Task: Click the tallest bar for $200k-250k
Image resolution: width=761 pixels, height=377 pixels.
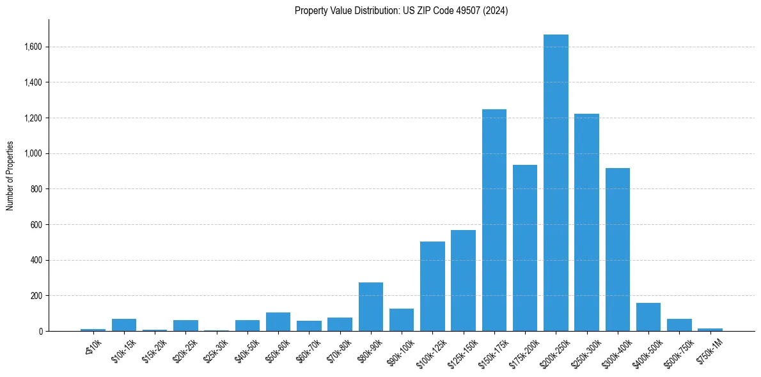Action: pyautogui.click(x=556, y=183)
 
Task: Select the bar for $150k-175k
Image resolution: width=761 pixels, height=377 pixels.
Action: pyautogui.click(x=494, y=220)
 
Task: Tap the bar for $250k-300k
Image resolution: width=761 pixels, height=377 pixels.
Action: pyautogui.click(x=586, y=222)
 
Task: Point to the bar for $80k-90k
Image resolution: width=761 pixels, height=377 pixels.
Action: pyautogui.click(x=371, y=307)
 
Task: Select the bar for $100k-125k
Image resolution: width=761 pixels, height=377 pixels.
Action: pyautogui.click(x=432, y=286)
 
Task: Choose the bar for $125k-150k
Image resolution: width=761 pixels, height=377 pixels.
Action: pyautogui.click(x=463, y=281)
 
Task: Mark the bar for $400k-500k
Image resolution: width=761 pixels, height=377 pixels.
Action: pyautogui.click(x=648, y=317)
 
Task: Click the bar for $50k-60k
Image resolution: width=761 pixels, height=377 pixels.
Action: pyautogui.click(x=278, y=322)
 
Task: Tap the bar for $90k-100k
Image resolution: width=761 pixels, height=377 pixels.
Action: pyautogui.click(x=402, y=320)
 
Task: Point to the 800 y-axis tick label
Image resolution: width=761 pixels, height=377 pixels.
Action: pyautogui.click(x=37, y=189)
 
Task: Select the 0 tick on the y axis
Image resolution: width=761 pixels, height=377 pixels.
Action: pyautogui.click(x=40, y=331)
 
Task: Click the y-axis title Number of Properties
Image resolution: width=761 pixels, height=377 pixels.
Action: pyautogui.click(x=10, y=176)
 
